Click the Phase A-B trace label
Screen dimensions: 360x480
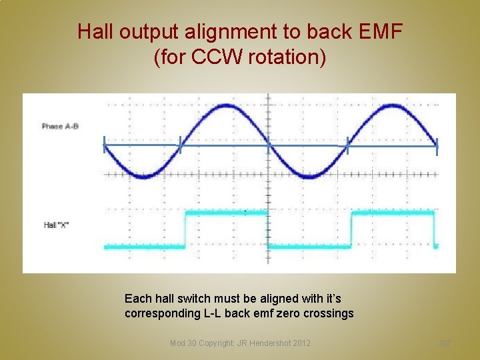click(x=60, y=126)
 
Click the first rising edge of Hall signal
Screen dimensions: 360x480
click(x=185, y=229)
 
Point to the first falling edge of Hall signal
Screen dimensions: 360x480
click(x=268, y=229)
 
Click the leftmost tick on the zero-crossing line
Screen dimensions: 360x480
click(x=104, y=145)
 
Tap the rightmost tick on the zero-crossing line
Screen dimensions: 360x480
click(x=437, y=146)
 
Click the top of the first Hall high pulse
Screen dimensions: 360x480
click(x=227, y=213)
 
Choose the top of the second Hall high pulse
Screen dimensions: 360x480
click(x=393, y=213)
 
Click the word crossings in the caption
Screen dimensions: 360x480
click(x=329, y=313)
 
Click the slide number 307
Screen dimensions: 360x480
click(x=444, y=343)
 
